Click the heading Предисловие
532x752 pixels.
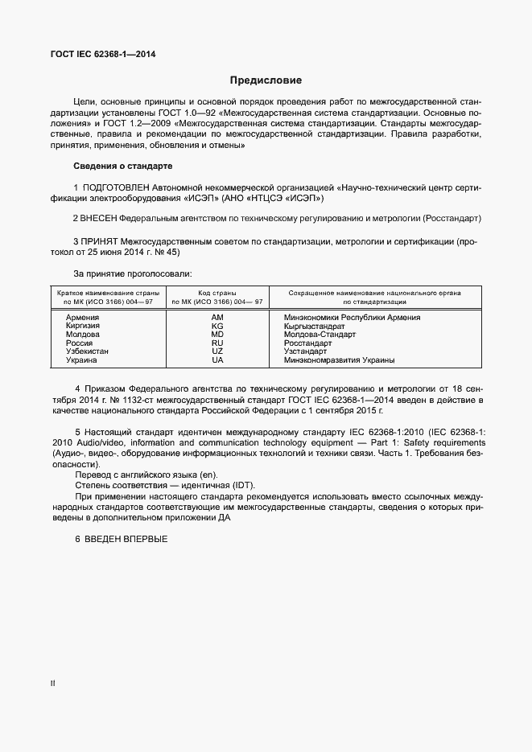pyautogui.click(x=266, y=80)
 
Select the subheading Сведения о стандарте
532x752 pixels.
pyautogui.click(x=123, y=166)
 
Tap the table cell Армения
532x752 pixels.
pyautogui.click(x=82, y=318)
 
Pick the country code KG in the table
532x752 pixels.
pyautogui.click(x=217, y=326)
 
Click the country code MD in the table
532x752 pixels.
pyautogui.click(x=217, y=335)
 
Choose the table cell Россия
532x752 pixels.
pyautogui.click(x=79, y=343)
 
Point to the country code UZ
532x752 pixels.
pyautogui.click(x=217, y=351)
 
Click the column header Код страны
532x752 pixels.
pyautogui.click(x=217, y=294)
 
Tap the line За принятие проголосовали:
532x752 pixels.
pyautogui.click(x=133, y=274)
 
